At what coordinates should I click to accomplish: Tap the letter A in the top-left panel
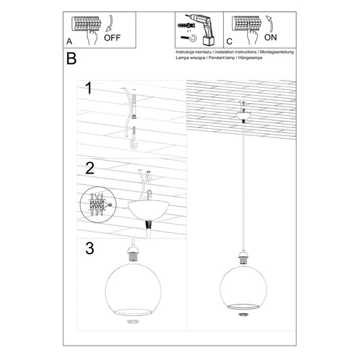68,42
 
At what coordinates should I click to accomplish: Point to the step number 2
89,169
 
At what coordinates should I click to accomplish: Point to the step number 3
89,249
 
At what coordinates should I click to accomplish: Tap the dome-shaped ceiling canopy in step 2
150,212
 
